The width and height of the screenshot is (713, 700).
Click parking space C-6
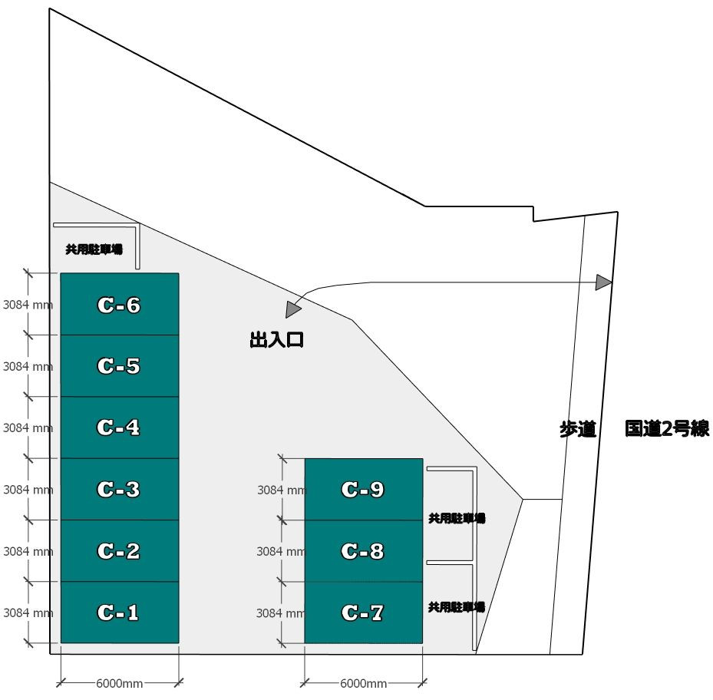point(119,305)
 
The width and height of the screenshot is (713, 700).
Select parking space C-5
point(119,366)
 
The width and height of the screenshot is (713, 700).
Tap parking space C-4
point(119,428)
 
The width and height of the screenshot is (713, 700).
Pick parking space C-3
point(119,489)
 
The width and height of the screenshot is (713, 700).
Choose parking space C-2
point(119,550)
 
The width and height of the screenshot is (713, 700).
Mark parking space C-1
point(119,612)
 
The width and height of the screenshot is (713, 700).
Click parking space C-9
point(363,489)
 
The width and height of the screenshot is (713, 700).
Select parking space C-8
point(363,550)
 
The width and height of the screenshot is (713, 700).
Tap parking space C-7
point(363,612)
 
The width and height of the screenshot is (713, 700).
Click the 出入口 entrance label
point(277,340)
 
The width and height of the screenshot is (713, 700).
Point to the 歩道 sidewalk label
point(577,430)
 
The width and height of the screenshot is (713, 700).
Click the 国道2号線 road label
point(665,429)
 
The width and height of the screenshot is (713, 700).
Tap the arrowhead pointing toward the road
point(604,282)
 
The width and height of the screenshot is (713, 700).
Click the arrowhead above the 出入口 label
point(292,309)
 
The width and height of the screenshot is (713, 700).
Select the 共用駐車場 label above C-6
point(94,249)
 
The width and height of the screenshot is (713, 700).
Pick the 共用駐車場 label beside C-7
point(457,607)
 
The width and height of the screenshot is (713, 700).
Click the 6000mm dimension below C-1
point(119,683)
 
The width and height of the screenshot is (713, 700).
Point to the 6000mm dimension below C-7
point(363,683)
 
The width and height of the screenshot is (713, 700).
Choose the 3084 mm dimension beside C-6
point(28,304)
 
